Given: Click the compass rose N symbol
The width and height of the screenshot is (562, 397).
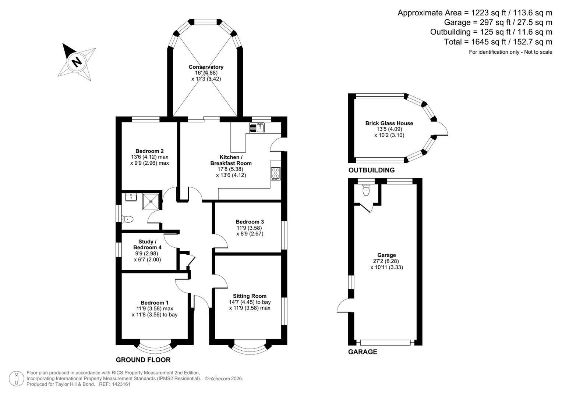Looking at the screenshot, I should tap(77, 61).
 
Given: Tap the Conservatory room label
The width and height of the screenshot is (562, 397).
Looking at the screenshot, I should tap(206, 67).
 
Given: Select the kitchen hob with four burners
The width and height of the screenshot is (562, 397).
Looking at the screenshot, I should tap(276, 174).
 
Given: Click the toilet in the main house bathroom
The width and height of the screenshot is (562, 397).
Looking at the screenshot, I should tap(127, 219).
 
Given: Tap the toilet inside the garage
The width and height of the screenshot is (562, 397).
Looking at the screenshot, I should tap(365, 190).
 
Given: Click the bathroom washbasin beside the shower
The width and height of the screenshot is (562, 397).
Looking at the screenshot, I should tap(131, 197).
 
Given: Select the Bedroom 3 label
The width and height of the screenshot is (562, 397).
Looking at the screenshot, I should tap(250, 222).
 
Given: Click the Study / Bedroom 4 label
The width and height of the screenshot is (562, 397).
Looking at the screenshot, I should tap(147, 244).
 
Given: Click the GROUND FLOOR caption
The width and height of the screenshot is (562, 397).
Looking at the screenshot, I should tap(143, 360).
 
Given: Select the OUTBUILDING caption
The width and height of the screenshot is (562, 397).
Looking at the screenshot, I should tap(371, 170).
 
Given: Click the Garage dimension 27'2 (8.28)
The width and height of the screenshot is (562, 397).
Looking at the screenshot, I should tap(386, 261).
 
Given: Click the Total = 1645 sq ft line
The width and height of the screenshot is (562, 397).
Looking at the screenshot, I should tap(498, 42).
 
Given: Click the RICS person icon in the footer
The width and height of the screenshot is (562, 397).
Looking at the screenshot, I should tap(16, 378).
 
